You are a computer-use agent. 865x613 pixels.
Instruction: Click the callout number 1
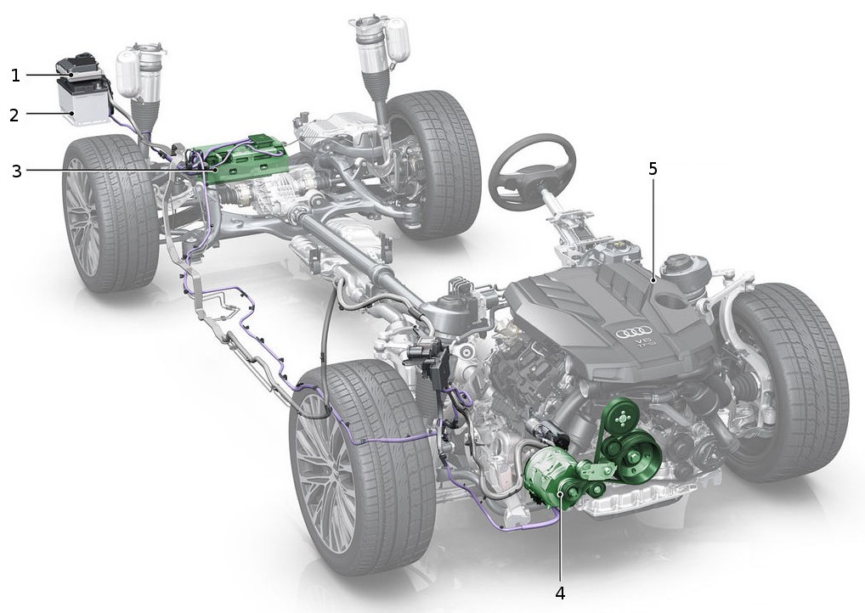tap(15, 75)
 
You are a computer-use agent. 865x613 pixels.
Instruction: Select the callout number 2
tap(15, 115)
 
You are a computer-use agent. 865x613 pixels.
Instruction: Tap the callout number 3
tap(16, 171)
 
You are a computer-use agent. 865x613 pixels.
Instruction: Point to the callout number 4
tap(560, 593)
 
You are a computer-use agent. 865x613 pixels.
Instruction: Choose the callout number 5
tap(653, 169)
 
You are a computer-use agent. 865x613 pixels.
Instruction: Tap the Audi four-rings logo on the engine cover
tap(634, 333)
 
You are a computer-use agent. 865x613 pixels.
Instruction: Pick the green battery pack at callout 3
tap(243, 159)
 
